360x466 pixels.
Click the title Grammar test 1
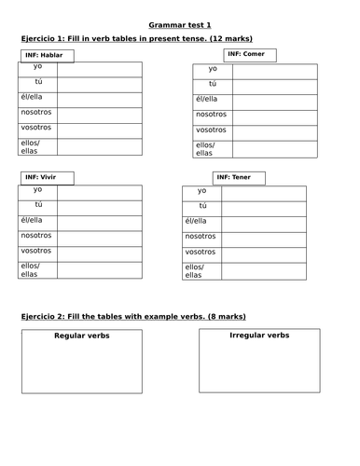point(180,22)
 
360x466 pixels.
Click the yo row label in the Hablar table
point(37,68)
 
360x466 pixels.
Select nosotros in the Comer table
point(212,115)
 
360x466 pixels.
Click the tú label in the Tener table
point(201,205)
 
